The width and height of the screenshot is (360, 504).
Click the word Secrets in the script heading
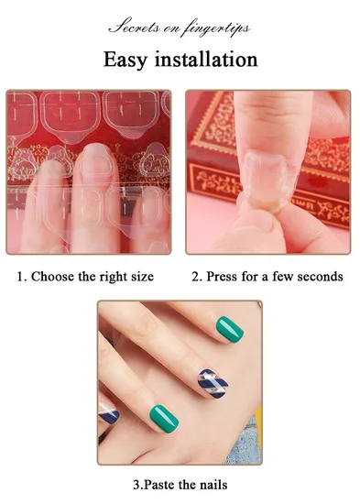pos(135,27)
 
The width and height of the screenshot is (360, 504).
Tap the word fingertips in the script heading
pos(216,28)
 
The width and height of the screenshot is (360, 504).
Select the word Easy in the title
pos(125,60)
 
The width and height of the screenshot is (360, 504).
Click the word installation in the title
pos(206,60)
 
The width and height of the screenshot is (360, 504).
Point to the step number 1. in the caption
pos(22,277)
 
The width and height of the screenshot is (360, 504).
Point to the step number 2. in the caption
pos(197,277)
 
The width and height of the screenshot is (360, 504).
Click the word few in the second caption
pos(283,277)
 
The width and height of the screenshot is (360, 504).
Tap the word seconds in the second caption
pos(320,277)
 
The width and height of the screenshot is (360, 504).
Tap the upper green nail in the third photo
pos(230,330)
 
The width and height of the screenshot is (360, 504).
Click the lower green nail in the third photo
pos(164,419)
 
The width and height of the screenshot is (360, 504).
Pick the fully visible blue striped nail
pos(213,384)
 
